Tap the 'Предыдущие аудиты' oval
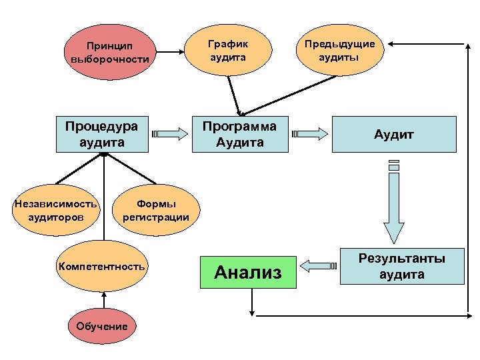pyautogui.click(x=339, y=51)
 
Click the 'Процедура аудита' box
pyautogui.click(x=102, y=134)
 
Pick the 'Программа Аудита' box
pyautogui.click(x=239, y=134)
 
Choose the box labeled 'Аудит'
pyautogui.click(x=394, y=135)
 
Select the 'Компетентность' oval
pyautogui.click(x=101, y=266)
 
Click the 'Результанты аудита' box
pyautogui.click(x=401, y=266)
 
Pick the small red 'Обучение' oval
pyautogui.click(x=102, y=326)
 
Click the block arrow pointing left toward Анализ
pyautogui.click(x=317, y=266)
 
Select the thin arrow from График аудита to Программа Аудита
pyautogui.click(x=233, y=93)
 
